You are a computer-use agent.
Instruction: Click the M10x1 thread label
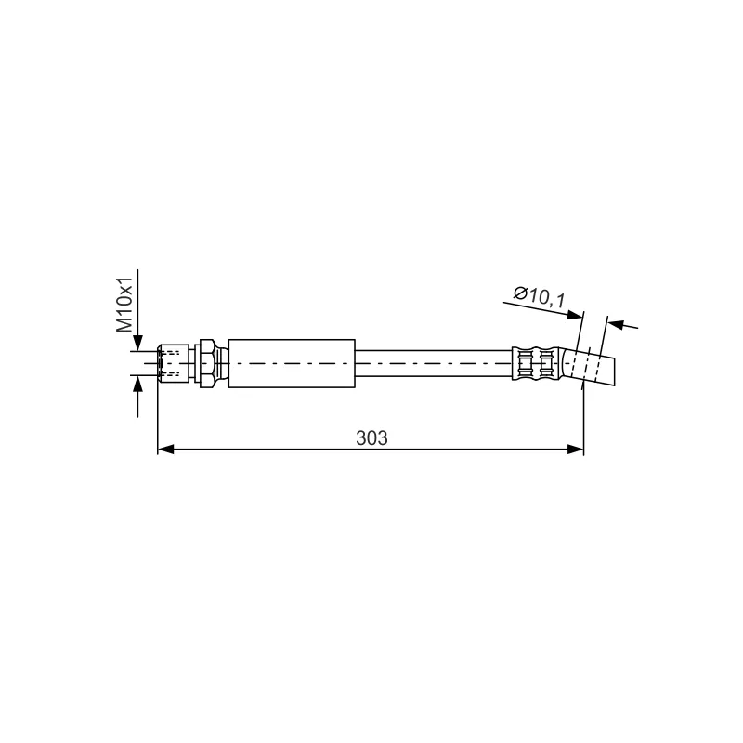(x=124, y=306)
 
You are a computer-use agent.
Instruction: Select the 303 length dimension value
(x=371, y=438)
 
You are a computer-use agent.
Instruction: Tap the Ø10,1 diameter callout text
(x=540, y=296)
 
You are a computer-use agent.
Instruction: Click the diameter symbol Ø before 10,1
(x=520, y=293)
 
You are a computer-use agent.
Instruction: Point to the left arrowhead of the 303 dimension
(x=165, y=450)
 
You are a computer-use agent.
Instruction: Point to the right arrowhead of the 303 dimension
(x=575, y=450)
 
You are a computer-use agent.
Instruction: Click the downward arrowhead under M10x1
(x=137, y=343)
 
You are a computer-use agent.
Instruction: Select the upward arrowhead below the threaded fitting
(x=137, y=385)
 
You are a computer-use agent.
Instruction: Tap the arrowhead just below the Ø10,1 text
(x=575, y=315)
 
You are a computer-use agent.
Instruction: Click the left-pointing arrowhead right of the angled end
(x=616, y=324)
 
